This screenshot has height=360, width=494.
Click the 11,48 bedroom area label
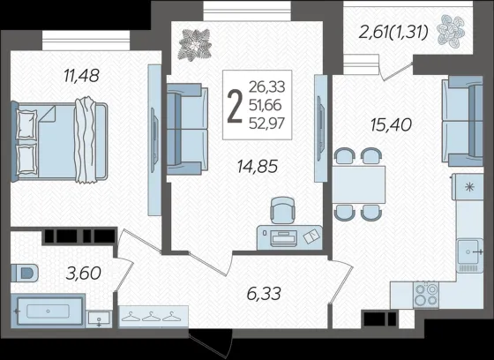pyautogui.click(x=81, y=76)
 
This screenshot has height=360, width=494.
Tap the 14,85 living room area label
pyautogui.click(x=258, y=167)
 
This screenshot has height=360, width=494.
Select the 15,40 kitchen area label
pyautogui.click(x=391, y=124)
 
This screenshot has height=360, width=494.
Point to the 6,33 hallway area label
pyautogui.click(x=264, y=294)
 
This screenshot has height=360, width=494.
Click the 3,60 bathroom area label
pyautogui.click(x=84, y=273)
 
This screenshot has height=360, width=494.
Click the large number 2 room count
pyautogui.click(x=235, y=106)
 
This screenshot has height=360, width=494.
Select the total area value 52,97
pyautogui.click(x=266, y=124)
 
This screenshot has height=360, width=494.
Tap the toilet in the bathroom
pyautogui.click(x=25, y=273)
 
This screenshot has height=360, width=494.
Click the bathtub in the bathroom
pyautogui.click(x=48, y=311)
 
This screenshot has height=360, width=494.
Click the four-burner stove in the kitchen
pyautogui.click(x=426, y=295)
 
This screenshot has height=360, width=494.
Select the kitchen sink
pyautogui.click(x=469, y=255)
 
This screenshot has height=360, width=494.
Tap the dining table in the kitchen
pyautogui.click(x=358, y=184)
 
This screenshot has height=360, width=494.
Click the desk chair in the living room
pyautogui.click(x=283, y=211)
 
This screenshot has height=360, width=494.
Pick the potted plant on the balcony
pyautogui.click(x=451, y=32)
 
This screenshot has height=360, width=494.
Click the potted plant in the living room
pyautogui.click(x=194, y=44)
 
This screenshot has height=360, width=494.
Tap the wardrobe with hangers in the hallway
pyautogui.click(x=153, y=317)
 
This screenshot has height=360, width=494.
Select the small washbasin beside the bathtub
pyautogui.click(x=99, y=319)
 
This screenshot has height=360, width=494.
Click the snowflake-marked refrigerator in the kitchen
pyautogui.click(x=468, y=187)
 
